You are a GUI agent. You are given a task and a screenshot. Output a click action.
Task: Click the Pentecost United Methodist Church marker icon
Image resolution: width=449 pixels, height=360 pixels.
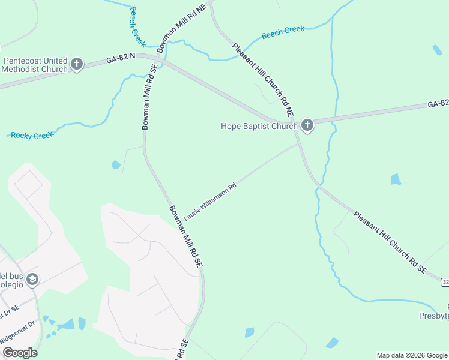coord(76,64)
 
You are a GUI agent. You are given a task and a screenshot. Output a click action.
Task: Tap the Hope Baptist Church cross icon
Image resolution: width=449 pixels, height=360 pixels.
coord(307,125)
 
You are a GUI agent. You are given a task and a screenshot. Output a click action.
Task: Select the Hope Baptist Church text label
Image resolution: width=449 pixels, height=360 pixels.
coord(259,126)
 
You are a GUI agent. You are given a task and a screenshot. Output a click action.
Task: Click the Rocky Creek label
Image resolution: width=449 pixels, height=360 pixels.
coord(32,136)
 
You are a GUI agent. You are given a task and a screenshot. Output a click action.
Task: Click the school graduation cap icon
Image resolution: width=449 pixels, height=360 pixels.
coord(32,280)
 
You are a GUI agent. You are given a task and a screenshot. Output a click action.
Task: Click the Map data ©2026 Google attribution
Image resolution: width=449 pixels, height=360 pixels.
coord(412,355)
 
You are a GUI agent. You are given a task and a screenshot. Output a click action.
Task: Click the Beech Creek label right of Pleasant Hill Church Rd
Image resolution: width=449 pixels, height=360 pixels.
coord(283,32)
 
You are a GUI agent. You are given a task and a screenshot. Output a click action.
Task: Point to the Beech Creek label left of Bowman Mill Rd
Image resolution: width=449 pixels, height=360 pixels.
coord(137,26)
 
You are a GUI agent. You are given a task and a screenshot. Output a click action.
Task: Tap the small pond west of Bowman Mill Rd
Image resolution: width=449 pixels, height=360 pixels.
coord(116,164)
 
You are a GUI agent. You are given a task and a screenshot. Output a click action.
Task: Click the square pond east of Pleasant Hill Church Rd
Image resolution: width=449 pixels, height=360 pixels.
coord(395,179)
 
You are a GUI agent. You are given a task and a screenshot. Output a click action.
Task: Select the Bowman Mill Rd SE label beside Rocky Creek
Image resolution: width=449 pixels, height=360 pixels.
coord(148,97)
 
